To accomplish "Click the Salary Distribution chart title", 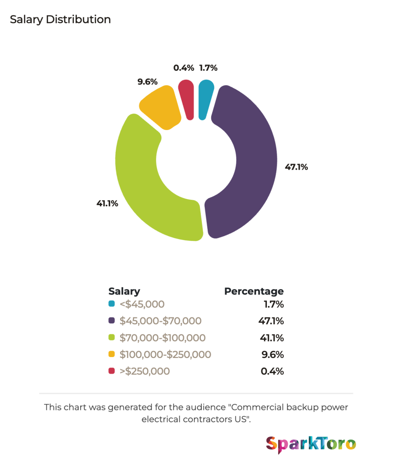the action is coord(61,20).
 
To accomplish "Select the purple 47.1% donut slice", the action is coord(256,161).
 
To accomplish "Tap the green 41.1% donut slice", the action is coord(137,179).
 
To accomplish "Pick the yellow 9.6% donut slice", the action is coord(161,108).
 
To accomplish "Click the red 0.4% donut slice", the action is coord(187,99).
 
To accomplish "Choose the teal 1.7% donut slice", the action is coord(205,99).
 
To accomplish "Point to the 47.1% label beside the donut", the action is coord(296,167).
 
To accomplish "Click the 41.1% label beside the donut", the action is coord(107,203).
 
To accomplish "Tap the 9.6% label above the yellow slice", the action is coord(147,82).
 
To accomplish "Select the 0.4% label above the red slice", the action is coord(184,68).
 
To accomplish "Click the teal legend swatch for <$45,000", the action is coord(112,304).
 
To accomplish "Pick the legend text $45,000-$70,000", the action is coord(160,321).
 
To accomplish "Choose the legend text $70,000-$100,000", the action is coord(163,338).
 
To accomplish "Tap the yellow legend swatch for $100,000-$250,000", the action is coord(112,354).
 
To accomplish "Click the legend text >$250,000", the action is coord(145,371).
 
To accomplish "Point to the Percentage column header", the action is coord(254,291).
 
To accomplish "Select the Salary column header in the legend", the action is coord(124,291).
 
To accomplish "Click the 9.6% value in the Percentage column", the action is coord(272,354).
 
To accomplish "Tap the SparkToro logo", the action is coord(311,444).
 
